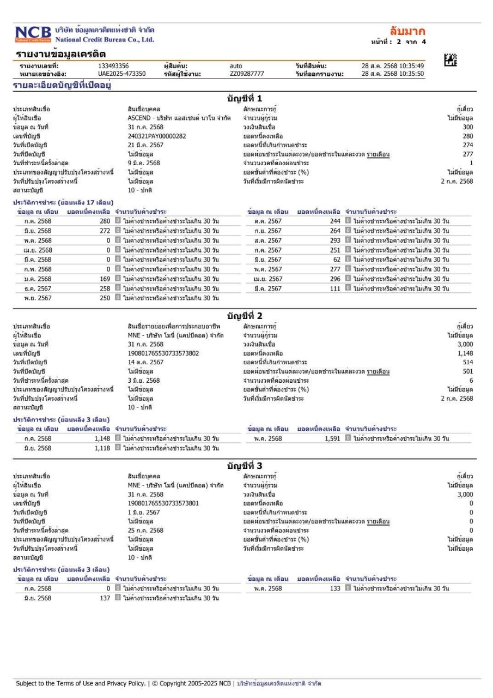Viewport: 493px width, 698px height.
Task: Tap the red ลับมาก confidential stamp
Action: click(407, 31)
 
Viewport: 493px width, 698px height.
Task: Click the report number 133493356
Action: click(113, 66)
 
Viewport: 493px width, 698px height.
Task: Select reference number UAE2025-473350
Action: click(121, 74)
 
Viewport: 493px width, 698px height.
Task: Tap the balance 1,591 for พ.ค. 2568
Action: click(331, 438)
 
